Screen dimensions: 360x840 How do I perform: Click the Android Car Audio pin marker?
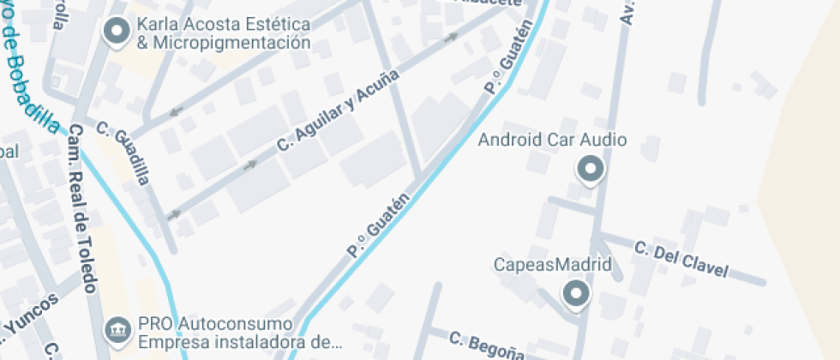click(x=590, y=168)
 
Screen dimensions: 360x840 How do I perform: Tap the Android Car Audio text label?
click(x=552, y=140)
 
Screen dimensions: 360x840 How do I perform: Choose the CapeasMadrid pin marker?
click(x=576, y=294)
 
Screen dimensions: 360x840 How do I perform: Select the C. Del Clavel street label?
click(x=681, y=260)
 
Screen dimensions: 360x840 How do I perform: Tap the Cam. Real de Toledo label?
click(x=82, y=208)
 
